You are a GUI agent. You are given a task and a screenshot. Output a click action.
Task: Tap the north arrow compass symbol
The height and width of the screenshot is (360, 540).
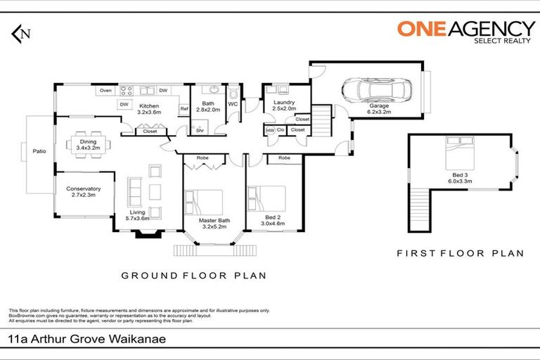pos(21,32)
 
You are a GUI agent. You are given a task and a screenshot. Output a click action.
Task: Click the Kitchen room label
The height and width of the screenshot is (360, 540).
pos(148,106)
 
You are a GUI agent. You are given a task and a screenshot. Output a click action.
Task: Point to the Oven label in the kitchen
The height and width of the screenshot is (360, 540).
pos(105,91)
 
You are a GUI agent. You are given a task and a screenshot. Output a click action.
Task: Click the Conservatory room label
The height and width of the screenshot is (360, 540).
pos(84,188)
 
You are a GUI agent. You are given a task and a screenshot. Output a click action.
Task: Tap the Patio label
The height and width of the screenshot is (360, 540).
pos(39,149)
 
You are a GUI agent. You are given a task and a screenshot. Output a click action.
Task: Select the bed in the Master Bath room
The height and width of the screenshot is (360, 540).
pos(203,205)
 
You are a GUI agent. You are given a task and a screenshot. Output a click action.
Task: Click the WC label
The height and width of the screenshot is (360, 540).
pos(233,105)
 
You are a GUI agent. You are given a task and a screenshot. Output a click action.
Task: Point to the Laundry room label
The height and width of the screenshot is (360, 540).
pos(283,103)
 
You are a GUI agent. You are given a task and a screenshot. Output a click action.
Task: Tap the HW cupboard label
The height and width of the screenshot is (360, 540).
pos(270,130)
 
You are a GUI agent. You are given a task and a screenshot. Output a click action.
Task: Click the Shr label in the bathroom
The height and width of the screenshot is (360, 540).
pos(200,130)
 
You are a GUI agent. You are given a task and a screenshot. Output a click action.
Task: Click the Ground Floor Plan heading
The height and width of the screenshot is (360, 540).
pos(194,276)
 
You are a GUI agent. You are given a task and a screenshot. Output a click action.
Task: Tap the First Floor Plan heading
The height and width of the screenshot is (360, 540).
pos(460,253)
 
